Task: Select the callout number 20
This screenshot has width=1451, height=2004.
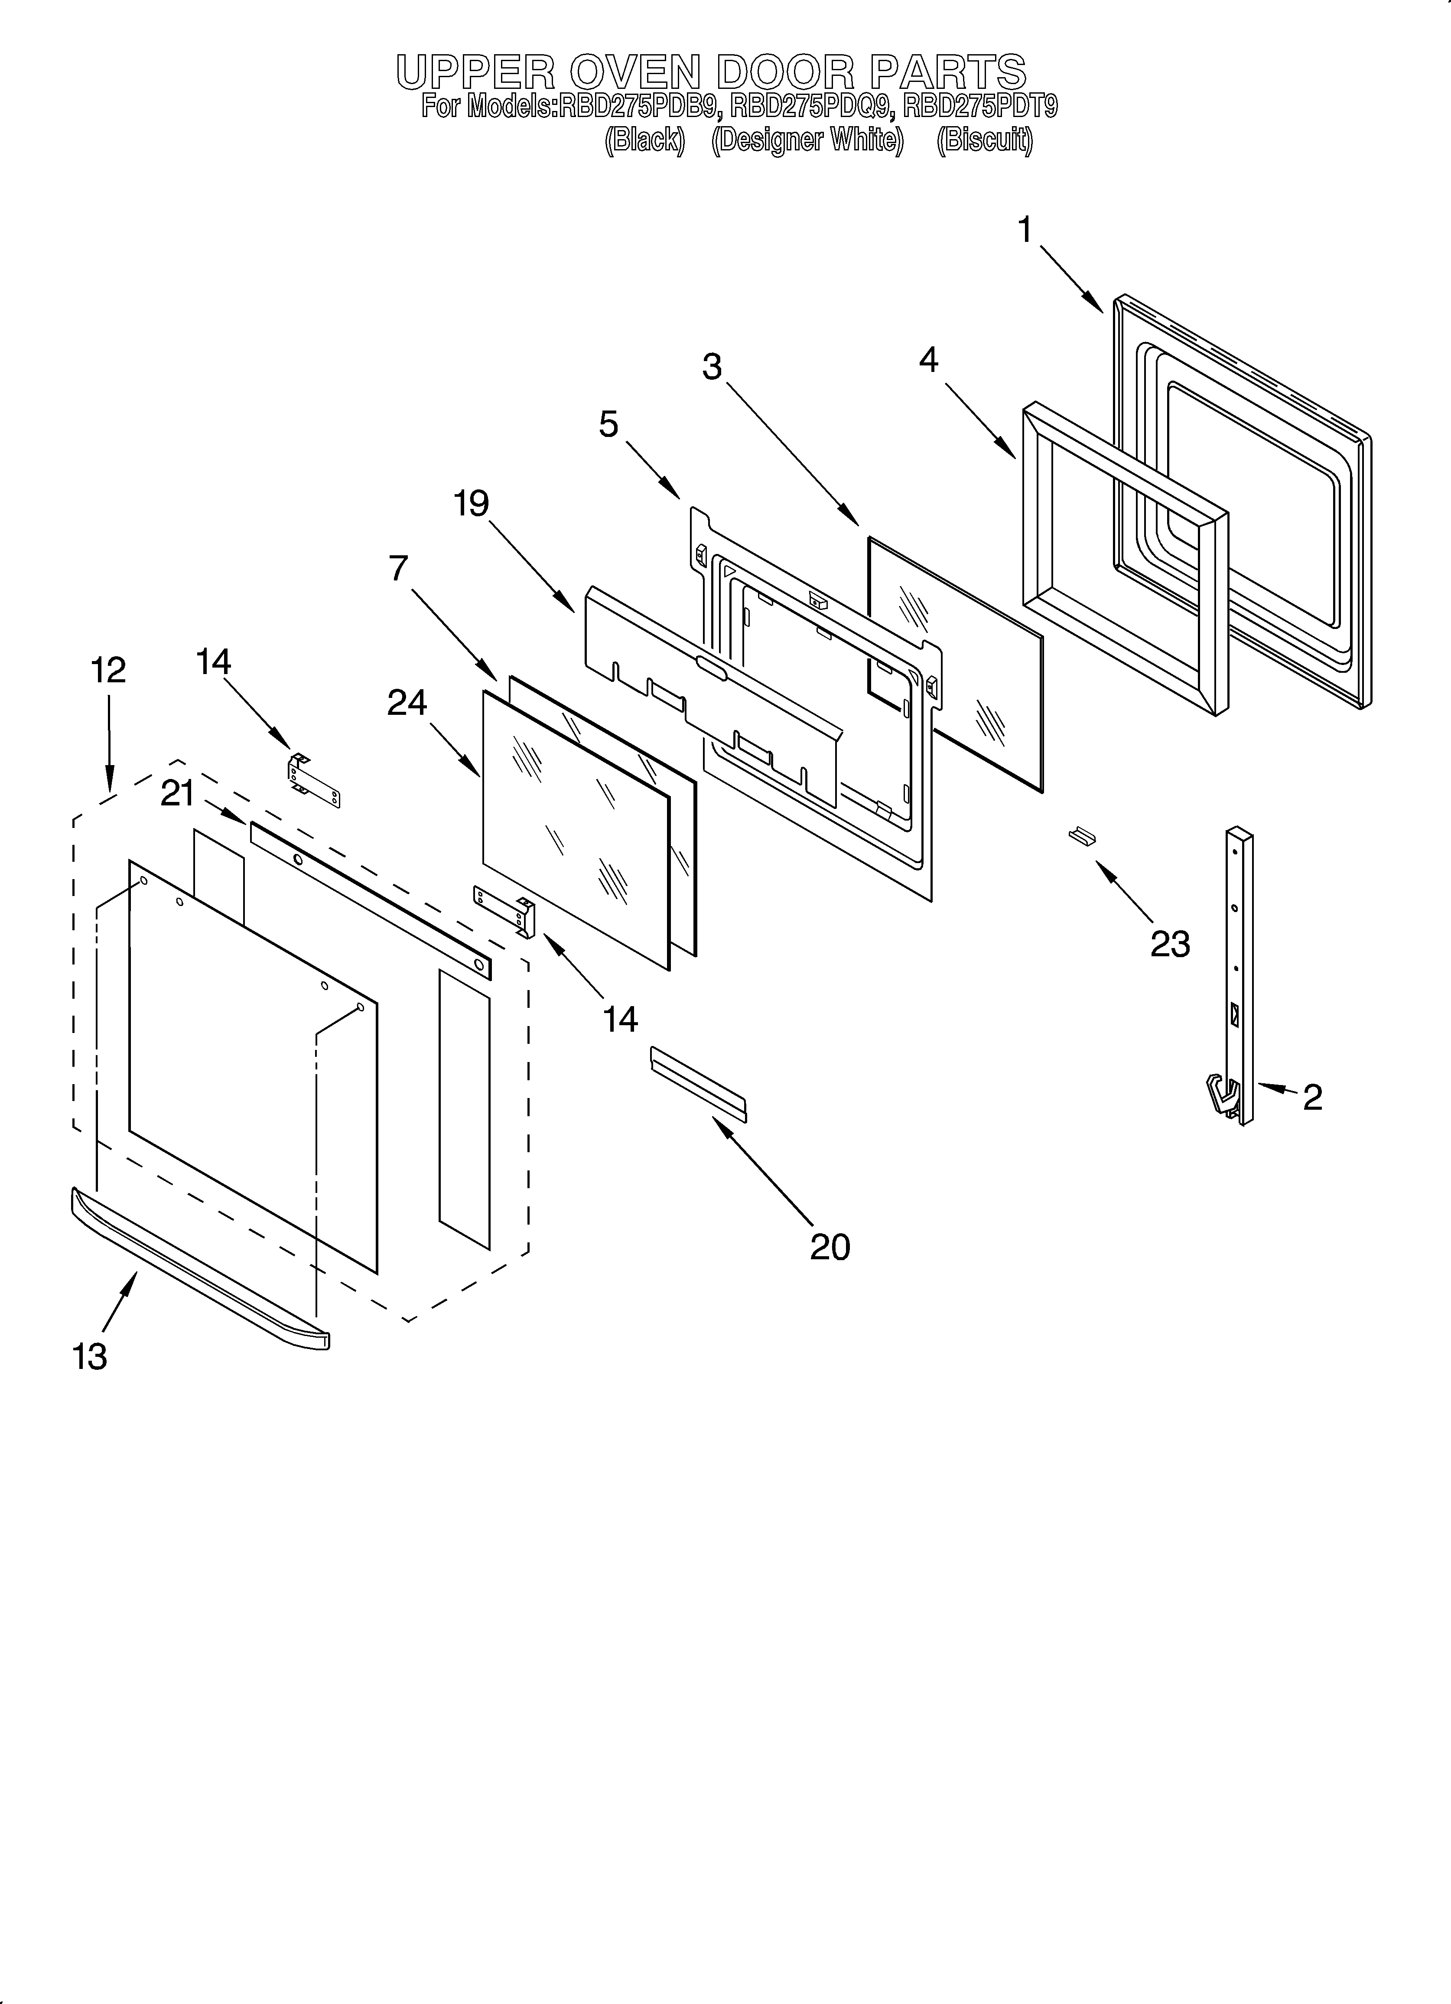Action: (830, 1247)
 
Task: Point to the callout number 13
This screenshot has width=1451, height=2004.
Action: (90, 1356)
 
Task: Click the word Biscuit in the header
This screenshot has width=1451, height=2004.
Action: (984, 140)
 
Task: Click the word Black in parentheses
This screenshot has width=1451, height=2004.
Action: (644, 140)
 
